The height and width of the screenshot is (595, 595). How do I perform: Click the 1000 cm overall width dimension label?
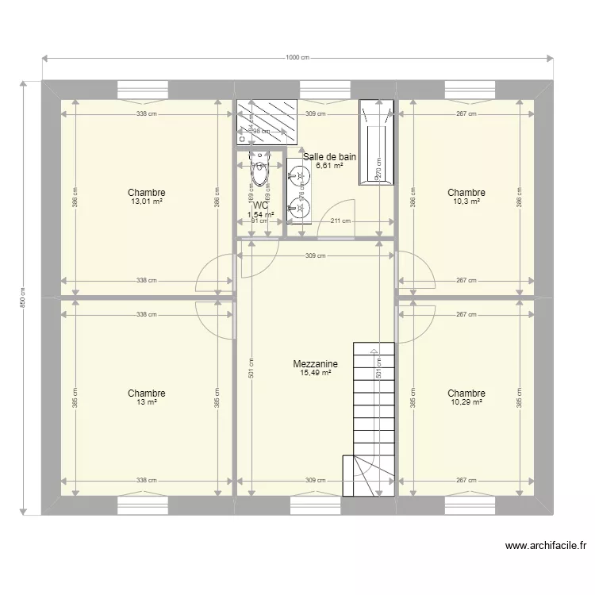(297, 57)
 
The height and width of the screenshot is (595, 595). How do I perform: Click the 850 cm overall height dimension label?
(24, 297)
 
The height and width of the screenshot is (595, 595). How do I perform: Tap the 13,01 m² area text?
(146, 202)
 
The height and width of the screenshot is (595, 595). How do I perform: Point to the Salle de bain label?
(329, 157)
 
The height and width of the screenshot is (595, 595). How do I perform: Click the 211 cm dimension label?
(340, 221)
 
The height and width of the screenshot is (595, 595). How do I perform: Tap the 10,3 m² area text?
(466, 202)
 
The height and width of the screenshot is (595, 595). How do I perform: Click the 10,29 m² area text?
(466, 402)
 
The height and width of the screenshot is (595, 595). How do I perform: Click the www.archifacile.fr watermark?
(545, 546)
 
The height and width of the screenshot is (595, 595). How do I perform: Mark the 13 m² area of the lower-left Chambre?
(146, 402)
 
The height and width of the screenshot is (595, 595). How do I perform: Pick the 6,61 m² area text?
(329, 166)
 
